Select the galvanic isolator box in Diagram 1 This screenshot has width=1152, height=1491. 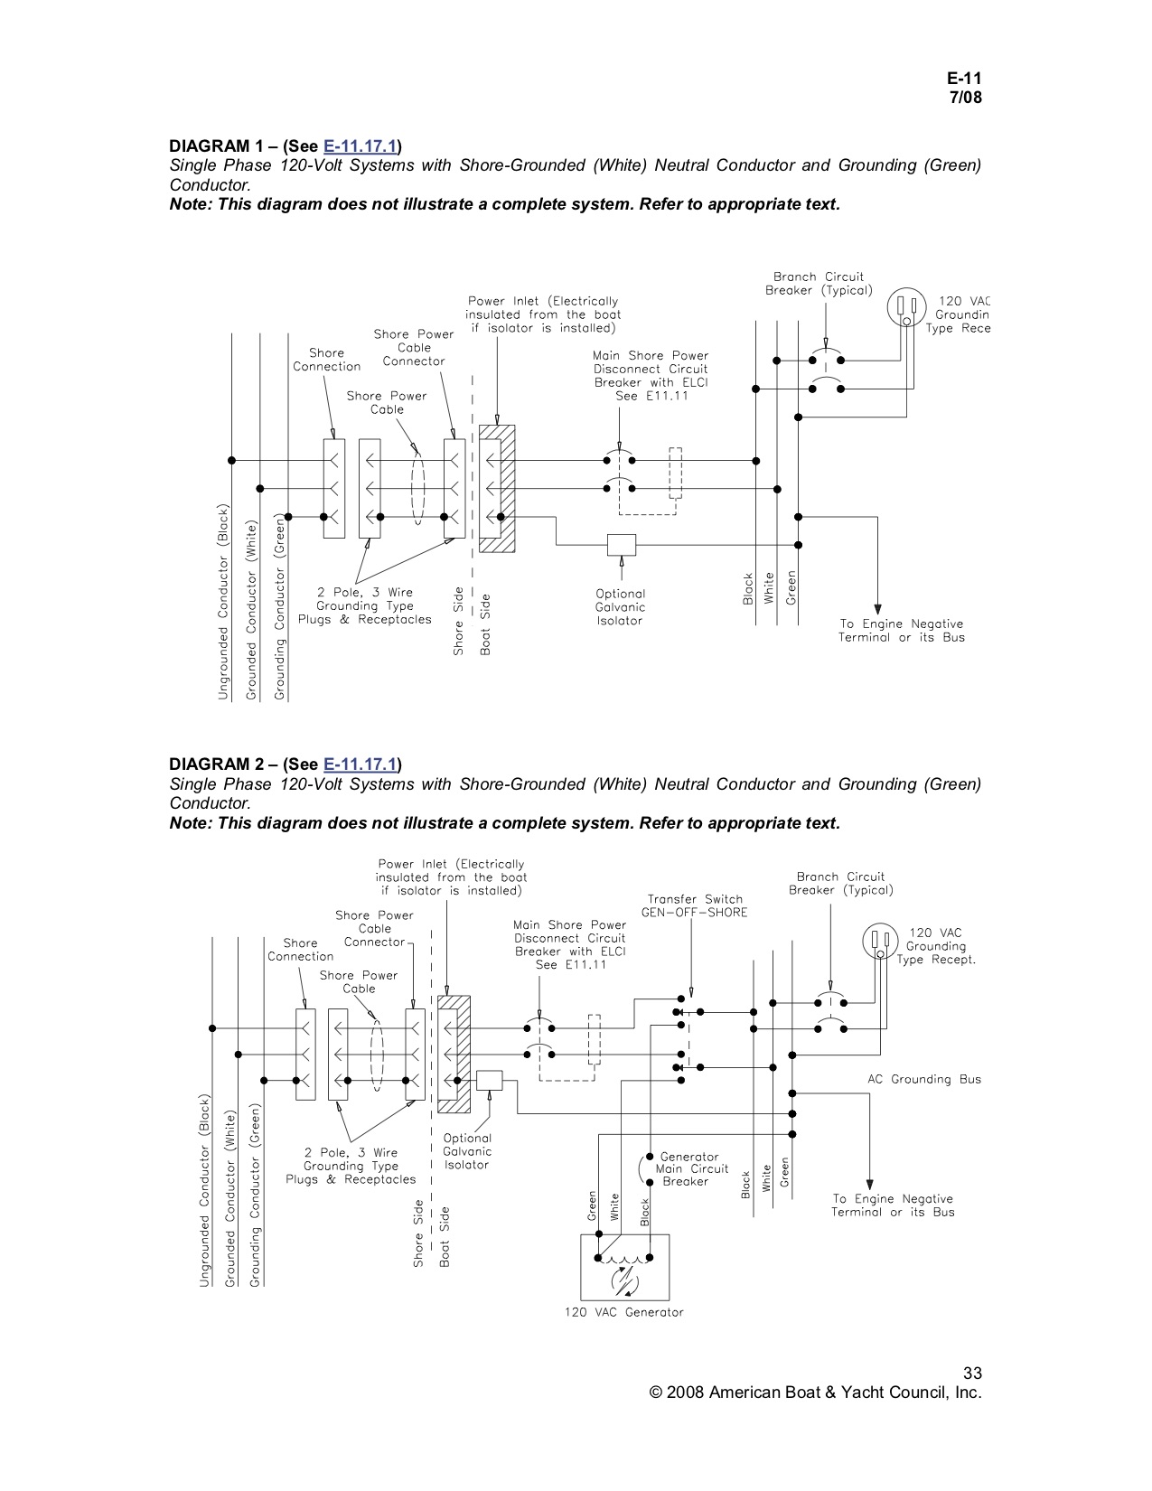click(622, 545)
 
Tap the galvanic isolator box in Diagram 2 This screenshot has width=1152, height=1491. click(489, 1081)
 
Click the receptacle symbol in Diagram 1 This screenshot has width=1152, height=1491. click(906, 308)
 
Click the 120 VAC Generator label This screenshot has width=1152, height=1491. click(624, 1312)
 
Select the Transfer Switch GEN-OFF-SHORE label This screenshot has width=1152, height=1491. click(695, 905)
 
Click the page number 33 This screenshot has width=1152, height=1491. click(972, 1374)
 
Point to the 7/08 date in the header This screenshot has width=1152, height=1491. click(965, 98)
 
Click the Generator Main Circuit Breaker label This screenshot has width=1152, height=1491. click(691, 1168)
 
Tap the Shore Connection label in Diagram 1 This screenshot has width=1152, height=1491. click(326, 360)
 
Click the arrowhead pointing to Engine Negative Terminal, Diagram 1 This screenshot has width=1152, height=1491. click(876, 609)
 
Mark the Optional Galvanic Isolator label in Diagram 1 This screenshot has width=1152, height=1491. click(620, 607)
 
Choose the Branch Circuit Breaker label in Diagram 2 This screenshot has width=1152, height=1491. click(840, 883)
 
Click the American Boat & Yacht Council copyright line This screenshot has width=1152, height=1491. click(815, 1393)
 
